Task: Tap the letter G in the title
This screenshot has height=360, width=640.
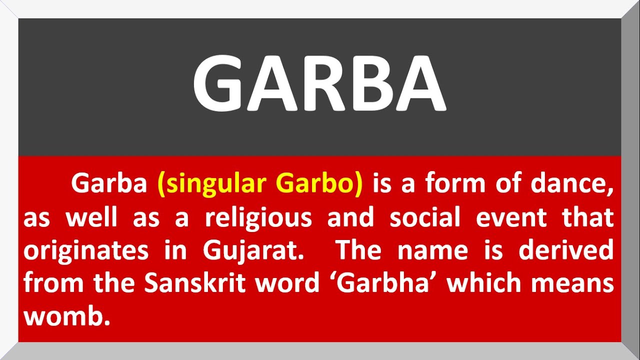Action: tap(218, 83)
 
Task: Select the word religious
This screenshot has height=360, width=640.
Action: tap(258, 218)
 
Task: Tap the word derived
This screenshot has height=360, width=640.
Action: tap(566, 250)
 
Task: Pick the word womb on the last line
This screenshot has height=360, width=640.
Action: tap(66, 316)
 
